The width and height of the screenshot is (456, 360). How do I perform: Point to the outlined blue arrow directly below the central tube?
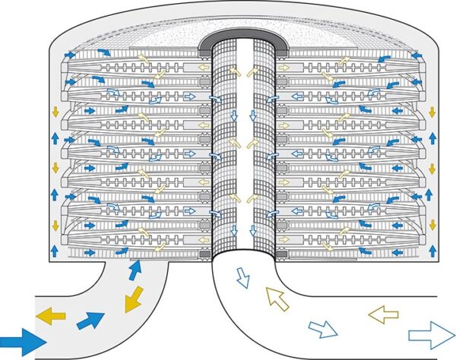(x=243, y=278)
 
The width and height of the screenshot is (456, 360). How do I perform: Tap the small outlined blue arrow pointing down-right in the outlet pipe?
(x=323, y=330)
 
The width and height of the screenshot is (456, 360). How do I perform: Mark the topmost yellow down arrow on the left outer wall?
(x=54, y=113)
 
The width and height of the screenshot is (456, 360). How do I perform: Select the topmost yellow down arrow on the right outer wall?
(x=432, y=113)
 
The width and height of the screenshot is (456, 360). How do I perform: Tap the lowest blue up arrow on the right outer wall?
(x=432, y=251)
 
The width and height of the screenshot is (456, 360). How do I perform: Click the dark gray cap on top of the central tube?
(x=242, y=37)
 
